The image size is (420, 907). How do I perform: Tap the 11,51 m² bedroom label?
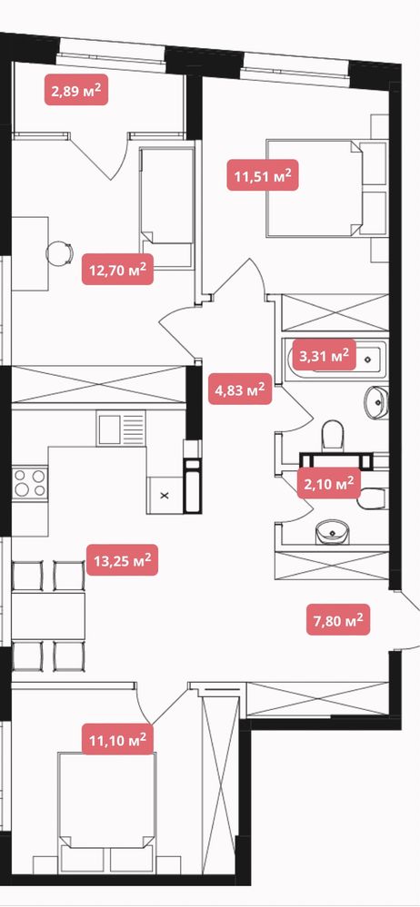point(263,174)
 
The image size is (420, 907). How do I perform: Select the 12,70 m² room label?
point(117,269)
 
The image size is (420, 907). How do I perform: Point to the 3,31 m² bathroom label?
point(325,355)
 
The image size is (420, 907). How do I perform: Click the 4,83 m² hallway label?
point(240,389)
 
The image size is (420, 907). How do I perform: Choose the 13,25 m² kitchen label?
point(122,560)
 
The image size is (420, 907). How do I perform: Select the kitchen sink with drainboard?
point(121,428)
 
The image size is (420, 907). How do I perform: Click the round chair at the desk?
point(60,252)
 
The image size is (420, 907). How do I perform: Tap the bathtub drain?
point(367,360)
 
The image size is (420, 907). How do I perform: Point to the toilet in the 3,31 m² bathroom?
point(332,434)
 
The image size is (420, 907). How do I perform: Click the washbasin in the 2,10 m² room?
point(332,531)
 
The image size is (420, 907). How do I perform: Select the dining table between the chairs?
point(48,616)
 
